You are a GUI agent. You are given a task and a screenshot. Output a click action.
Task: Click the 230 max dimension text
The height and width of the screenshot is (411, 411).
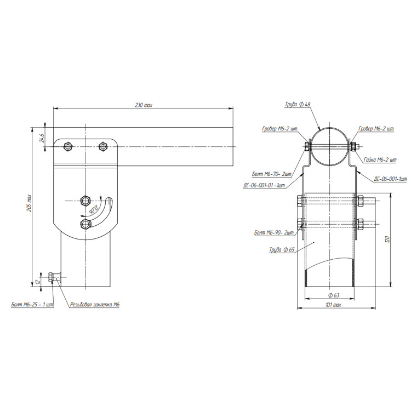(x=144, y=105)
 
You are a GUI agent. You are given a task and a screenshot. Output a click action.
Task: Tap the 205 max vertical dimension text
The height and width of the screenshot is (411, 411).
(x=29, y=203)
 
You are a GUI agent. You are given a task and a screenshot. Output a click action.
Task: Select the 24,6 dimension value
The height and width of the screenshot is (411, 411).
(x=42, y=138)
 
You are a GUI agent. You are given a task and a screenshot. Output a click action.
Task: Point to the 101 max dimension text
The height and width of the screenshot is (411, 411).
(x=333, y=305)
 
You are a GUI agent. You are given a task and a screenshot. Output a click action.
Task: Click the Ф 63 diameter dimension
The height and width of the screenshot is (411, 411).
(x=334, y=295)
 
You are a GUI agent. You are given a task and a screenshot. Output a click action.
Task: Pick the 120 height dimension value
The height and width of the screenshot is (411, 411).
(x=388, y=239)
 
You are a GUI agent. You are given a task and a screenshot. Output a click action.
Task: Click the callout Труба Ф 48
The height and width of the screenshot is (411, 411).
(x=298, y=104)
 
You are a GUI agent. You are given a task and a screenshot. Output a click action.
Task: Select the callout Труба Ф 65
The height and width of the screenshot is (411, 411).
(x=282, y=250)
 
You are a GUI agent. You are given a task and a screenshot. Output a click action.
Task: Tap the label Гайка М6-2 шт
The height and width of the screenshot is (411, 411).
(x=380, y=159)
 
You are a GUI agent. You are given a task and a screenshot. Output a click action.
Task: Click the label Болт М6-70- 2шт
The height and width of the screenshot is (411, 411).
(x=272, y=174)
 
